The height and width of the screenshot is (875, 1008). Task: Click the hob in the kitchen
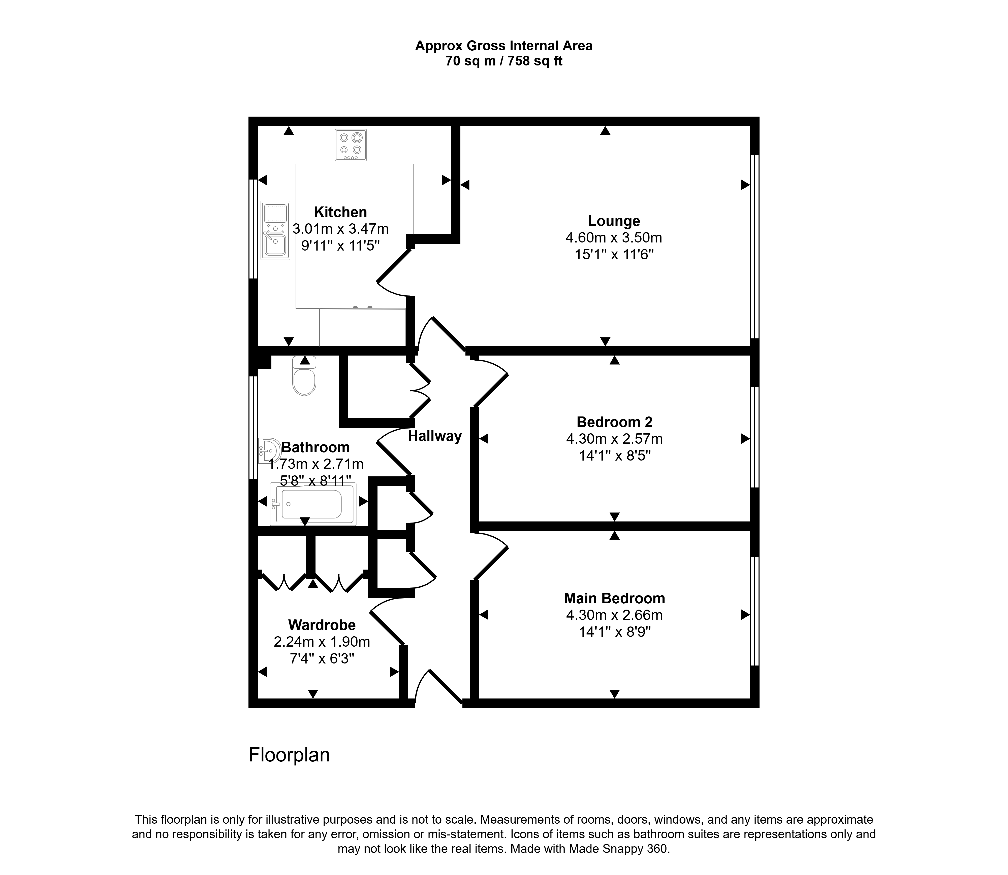[350, 145]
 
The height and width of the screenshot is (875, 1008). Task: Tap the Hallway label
[435, 436]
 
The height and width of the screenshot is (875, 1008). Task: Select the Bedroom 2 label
[614, 422]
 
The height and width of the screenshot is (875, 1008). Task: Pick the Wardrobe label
[322, 625]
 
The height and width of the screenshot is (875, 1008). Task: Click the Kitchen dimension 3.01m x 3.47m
[340, 229]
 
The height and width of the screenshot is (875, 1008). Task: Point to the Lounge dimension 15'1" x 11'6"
[614, 254]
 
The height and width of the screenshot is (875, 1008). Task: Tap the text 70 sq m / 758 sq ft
[504, 61]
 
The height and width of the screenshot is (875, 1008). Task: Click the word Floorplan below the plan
[289, 755]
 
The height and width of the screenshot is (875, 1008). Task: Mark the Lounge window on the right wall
[755, 247]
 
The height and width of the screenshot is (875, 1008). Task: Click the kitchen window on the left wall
[253, 229]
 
